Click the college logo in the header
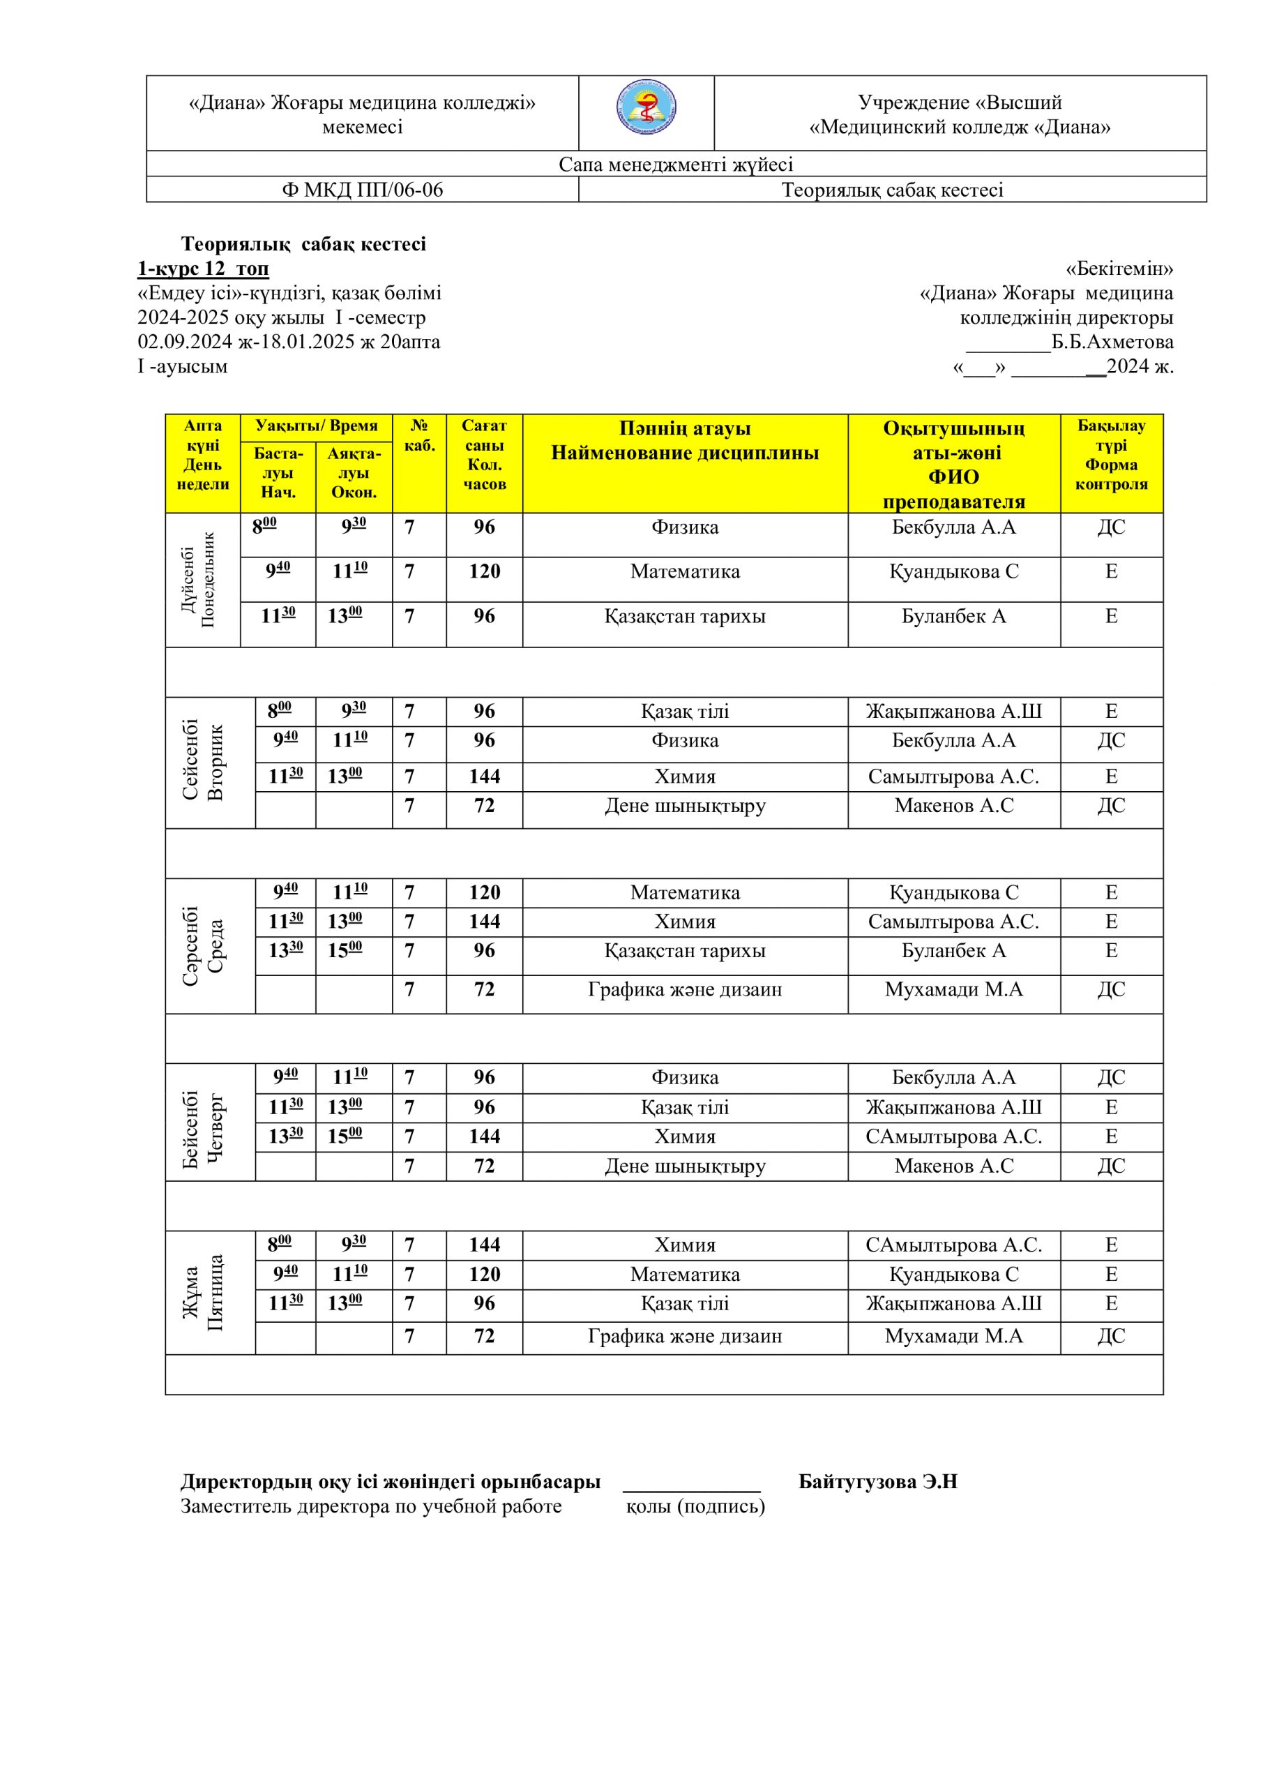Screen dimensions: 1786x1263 click(x=646, y=109)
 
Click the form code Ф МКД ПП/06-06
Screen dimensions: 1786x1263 click(x=362, y=190)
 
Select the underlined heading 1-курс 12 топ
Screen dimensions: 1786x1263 click(x=203, y=269)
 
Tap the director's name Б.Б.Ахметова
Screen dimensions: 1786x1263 click(x=1112, y=343)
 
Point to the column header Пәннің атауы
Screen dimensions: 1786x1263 click(x=684, y=428)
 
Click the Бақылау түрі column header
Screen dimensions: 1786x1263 click(x=1112, y=454)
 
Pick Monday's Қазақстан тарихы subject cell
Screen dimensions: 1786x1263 click(x=684, y=617)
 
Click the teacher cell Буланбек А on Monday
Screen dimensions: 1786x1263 click(x=953, y=617)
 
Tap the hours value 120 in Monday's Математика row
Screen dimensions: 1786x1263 click(x=484, y=572)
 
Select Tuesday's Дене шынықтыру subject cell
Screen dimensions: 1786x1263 click(x=684, y=806)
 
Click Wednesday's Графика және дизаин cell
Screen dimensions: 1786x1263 click(x=684, y=990)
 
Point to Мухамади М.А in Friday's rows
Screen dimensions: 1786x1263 click(x=953, y=1337)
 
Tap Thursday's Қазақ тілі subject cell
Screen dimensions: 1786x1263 click(x=684, y=1107)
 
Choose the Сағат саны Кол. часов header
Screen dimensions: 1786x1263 click(x=484, y=455)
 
